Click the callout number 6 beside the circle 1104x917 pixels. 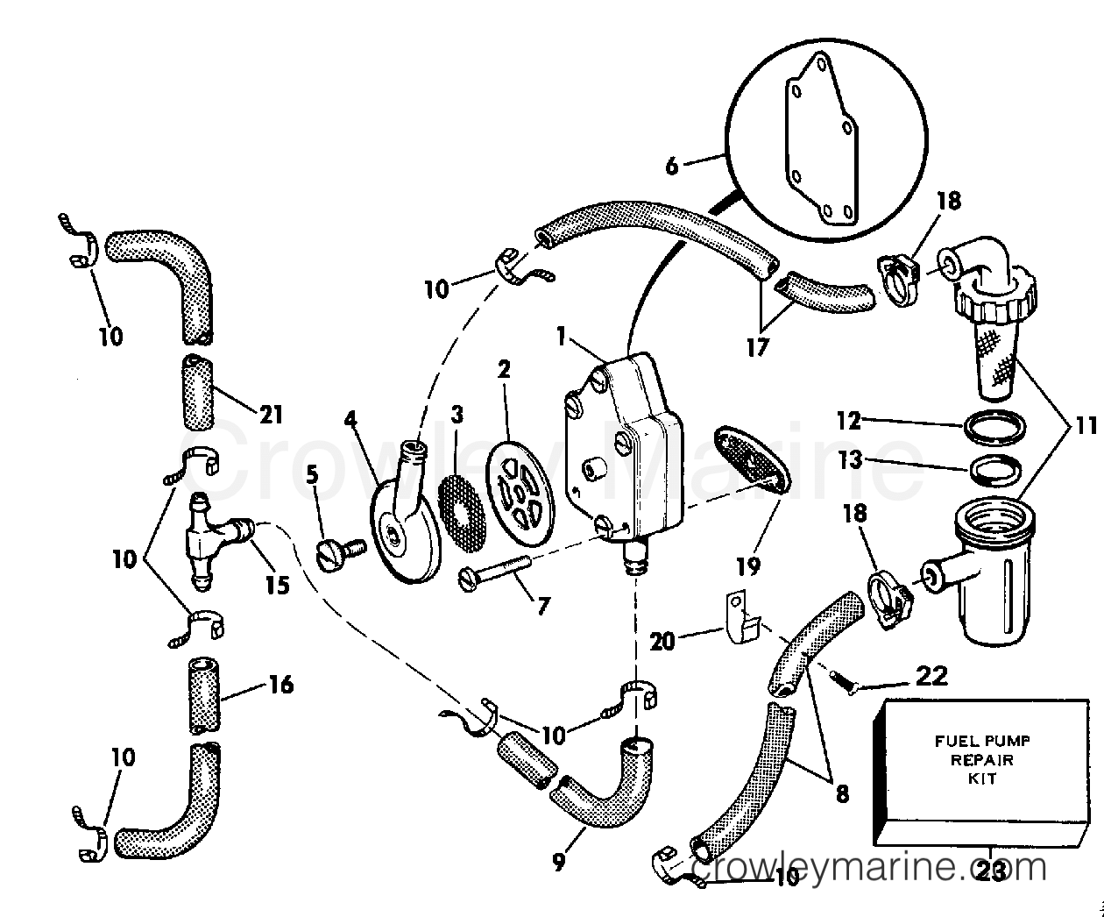tap(671, 165)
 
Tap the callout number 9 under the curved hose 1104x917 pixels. tap(558, 862)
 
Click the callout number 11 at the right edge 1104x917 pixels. tap(1086, 427)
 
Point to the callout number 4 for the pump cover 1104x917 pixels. tap(351, 419)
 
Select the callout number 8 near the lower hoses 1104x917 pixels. tap(841, 794)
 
